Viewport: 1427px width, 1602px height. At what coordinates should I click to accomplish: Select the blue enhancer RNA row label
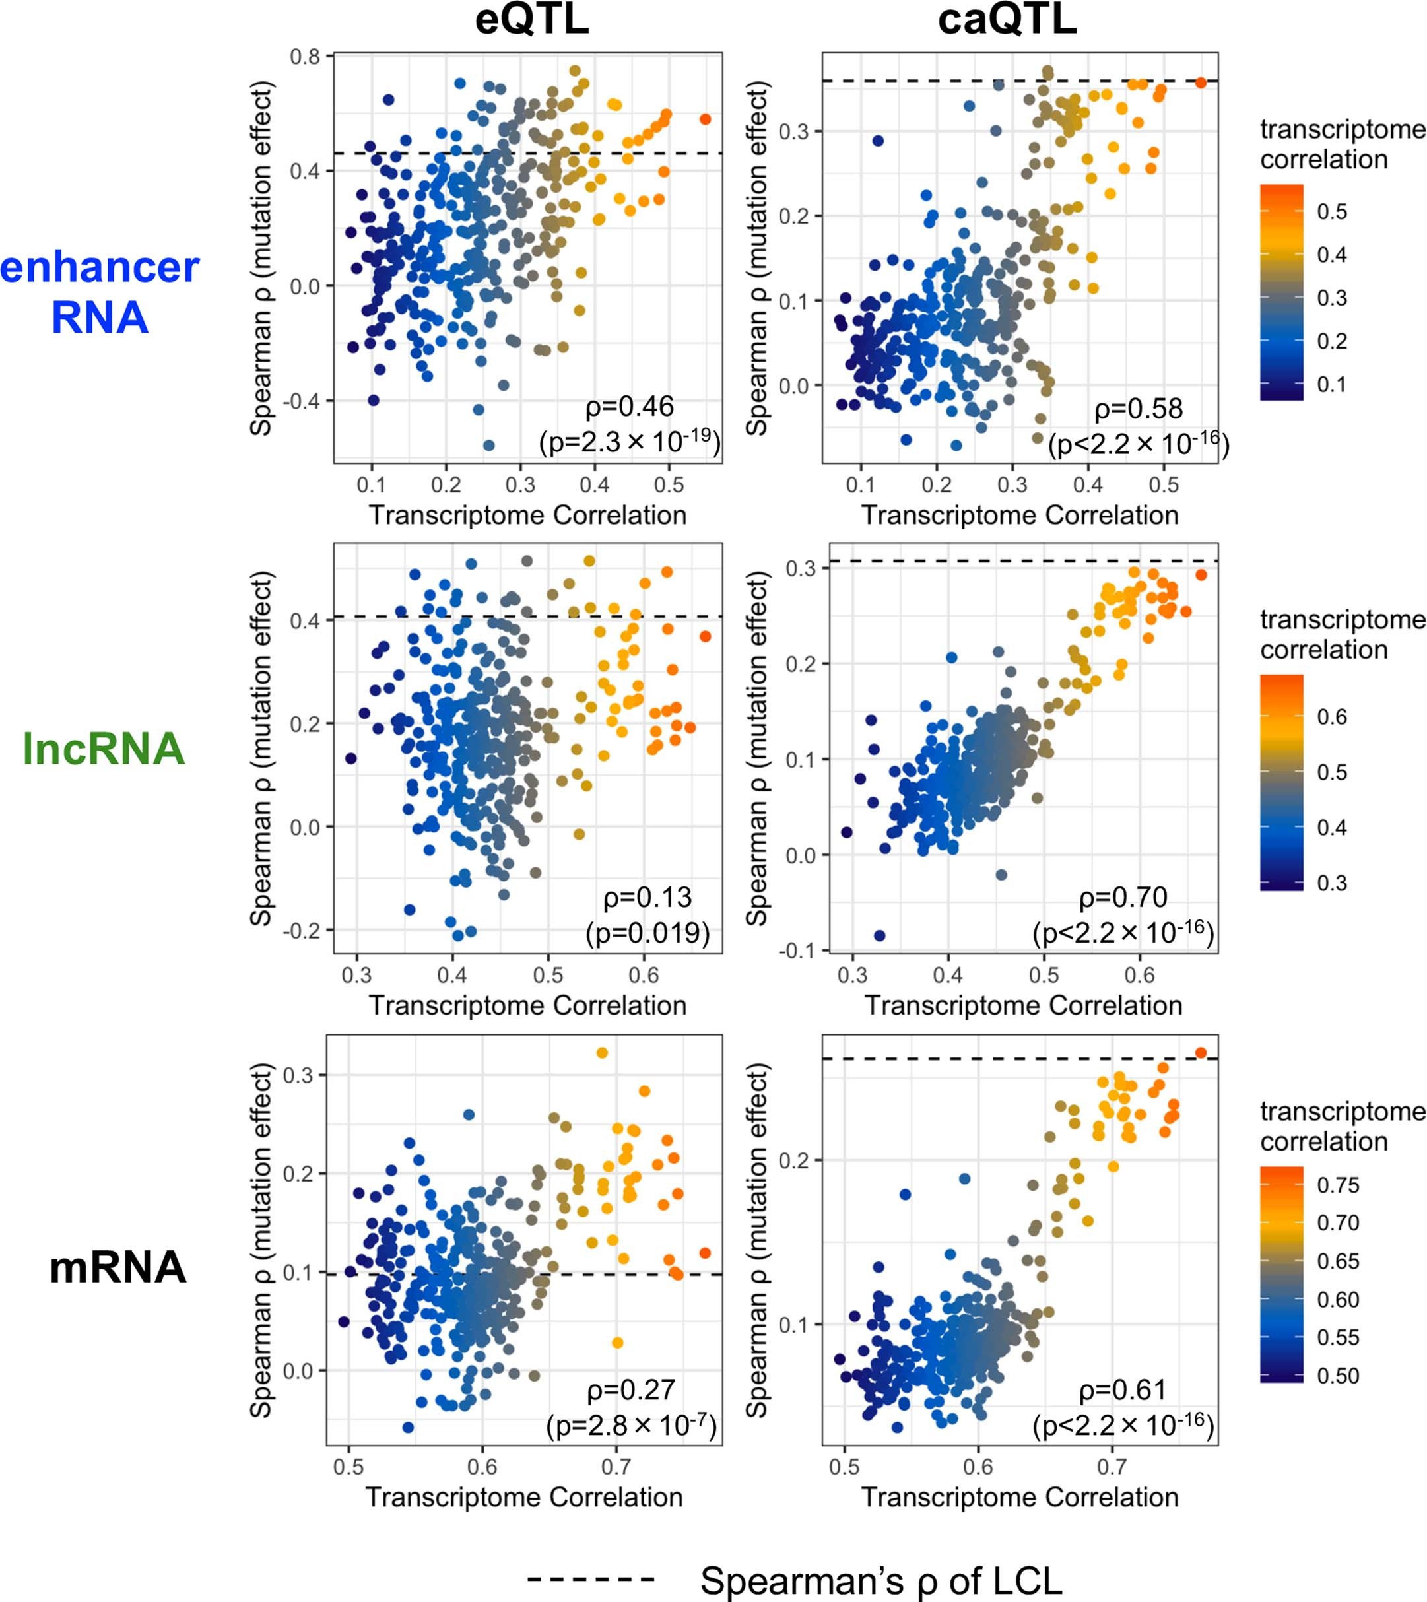tap(100, 292)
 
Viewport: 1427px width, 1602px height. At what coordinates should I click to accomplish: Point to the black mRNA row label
tap(117, 1267)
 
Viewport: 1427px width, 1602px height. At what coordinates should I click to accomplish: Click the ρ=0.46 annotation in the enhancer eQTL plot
tap(629, 406)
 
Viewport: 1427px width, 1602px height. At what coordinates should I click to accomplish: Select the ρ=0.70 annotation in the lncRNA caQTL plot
tap(1123, 897)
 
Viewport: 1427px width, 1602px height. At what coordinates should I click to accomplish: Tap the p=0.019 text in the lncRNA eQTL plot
tap(647, 933)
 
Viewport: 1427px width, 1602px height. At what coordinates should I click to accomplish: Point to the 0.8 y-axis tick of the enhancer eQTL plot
tap(305, 57)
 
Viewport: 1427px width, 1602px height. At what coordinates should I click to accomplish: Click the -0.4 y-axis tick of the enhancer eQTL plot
tap(301, 401)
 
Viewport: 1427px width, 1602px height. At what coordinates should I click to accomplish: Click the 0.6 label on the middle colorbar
tap(1331, 717)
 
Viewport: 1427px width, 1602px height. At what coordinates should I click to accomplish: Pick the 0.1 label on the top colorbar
tap(1331, 384)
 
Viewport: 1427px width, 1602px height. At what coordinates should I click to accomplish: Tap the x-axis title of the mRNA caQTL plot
tap(1020, 1497)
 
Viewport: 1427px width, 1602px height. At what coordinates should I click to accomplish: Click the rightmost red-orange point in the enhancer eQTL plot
tap(705, 119)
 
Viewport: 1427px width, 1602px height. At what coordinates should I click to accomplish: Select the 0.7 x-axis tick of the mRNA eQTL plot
tap(616, 1465)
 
